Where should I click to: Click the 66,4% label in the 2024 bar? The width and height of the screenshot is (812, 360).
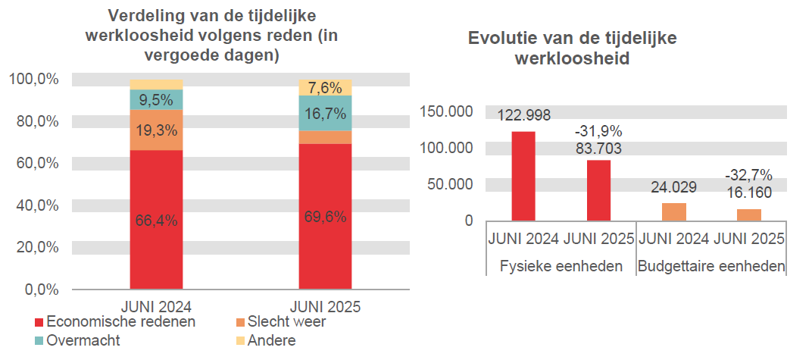pyautogui.click(x=156, y=221)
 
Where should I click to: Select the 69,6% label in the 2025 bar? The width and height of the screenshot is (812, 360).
pyautogui.click(x=325, y=217)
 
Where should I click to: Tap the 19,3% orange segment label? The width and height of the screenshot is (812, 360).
pyautogui.click(x=156, y=130)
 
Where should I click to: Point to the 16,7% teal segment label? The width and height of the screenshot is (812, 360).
pyautogui.click(x=325, y=114)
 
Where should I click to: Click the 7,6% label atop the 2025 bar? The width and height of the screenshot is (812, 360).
pyautogui.click(x=325, y=88)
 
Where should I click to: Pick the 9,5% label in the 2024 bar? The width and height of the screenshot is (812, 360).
pyautogui.click(x=156, y=100)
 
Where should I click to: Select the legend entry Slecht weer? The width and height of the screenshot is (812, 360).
pyautogui.click(x=281, y=322)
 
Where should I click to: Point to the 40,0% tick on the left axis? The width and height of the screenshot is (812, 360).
pyautogui.click(x=33, y=205)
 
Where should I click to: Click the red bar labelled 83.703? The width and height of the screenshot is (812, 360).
pyautogui.click(x=598, y=190)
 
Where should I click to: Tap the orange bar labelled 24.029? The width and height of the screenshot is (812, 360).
pyautogui.click(x=674, y=211)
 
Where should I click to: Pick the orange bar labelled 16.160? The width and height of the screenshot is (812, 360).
pyautogui.click(x=749, y=214)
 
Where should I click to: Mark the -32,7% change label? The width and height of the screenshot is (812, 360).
pyautogui.click(x=748, y=175)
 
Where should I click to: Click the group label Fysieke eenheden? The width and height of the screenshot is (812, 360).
pyautogui.click(x=561, y=266)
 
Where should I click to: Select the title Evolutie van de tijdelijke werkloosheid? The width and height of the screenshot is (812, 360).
pyautogui.click(x=572, y=49)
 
